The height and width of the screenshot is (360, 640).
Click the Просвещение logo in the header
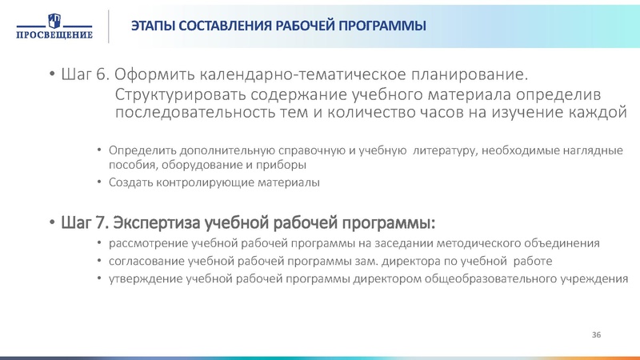pos(53,26)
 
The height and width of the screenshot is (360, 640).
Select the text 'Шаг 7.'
pos(83,220)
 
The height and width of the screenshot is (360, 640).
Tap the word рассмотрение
pos(145,243)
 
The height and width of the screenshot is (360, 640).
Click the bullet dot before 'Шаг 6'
pos(53,76)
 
